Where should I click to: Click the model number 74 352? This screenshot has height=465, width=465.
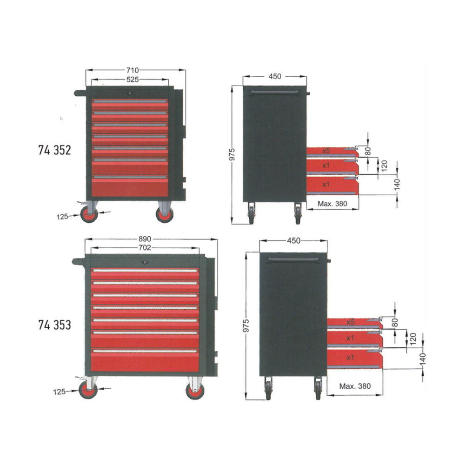click(54, 150)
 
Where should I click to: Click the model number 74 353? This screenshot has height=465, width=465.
click(54, 325)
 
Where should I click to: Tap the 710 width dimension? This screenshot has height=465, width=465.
click(132, 70)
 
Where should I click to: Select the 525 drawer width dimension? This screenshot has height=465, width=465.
click(132, 80)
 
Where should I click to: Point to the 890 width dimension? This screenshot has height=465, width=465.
click(145, 239)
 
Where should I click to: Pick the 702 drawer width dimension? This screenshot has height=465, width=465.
click(145, 248)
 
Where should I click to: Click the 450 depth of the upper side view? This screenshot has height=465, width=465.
click(275, 77)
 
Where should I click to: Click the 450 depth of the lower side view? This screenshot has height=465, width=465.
click(293, 241)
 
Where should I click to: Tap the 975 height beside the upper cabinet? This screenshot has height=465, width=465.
click(232, 154)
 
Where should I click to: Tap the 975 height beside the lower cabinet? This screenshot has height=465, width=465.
click(246, 325)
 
